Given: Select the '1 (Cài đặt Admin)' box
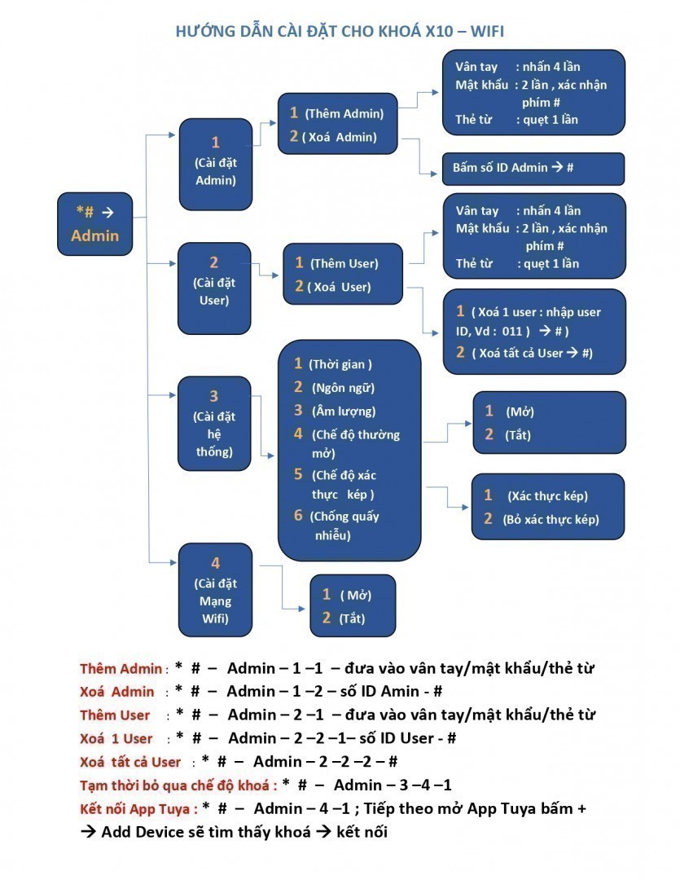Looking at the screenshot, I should [x=215, y=161].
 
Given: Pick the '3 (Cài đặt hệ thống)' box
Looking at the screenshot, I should [x=214, y=424].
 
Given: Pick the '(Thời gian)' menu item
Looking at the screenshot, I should [x=342, y=364].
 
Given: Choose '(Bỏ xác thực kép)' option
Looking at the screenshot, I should [x=551, y=519].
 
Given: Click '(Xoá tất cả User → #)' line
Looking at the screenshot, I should [x=531, y=353].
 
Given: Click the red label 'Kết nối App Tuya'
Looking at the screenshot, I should [x=138, y=809].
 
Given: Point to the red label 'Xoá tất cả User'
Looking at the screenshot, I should [x=130, y=763].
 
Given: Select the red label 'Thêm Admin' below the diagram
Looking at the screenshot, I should [x=121, y=669].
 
